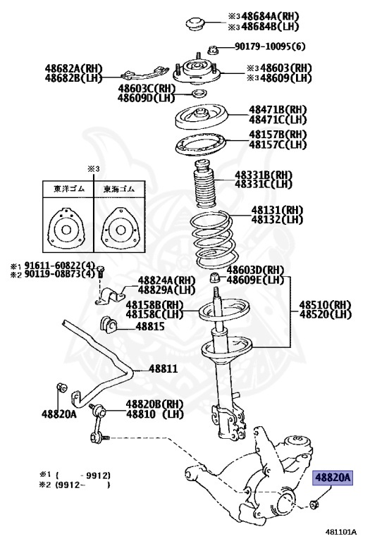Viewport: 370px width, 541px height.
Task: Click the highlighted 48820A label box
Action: coord(332,478)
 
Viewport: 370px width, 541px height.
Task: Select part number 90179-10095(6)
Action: coord(270,48)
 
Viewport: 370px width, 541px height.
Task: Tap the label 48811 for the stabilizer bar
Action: coord(162,368)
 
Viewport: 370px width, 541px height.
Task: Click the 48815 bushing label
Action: coord(150,327)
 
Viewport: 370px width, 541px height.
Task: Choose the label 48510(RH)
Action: coord(325,305)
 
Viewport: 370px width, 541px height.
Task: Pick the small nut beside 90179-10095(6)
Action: coord(211,49)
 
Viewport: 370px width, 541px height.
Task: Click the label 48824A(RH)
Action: coord(166,280)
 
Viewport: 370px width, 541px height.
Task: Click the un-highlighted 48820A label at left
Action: coord(58,414)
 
